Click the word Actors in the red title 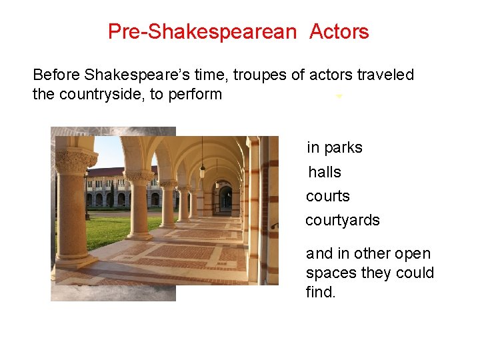(x=339, y=31)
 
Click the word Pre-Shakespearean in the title (x=201, y=31)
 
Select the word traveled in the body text (x=385, y=75)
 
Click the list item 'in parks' (x=334, y=148)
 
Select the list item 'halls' (x=325, y=172)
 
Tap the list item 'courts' (x=327, y=196)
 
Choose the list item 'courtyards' (x=342, y=220)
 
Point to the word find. (x=321, y=292)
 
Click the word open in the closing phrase (x=413, y=254)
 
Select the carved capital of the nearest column (x=75, y=161)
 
